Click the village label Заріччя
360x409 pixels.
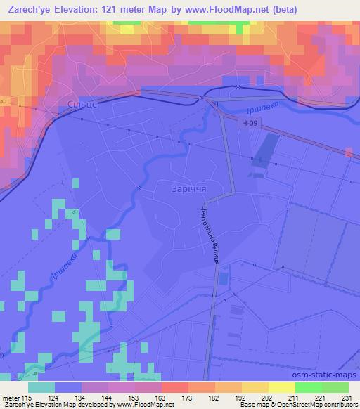(x=188, y=189)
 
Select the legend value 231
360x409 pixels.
(x=345, y=397)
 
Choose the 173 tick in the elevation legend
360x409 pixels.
(x=187, y=397)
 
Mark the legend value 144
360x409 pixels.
(x=108, y=397)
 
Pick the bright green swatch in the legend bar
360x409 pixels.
(x=309, y=387)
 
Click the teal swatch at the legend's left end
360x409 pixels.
(x=42, y=387)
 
